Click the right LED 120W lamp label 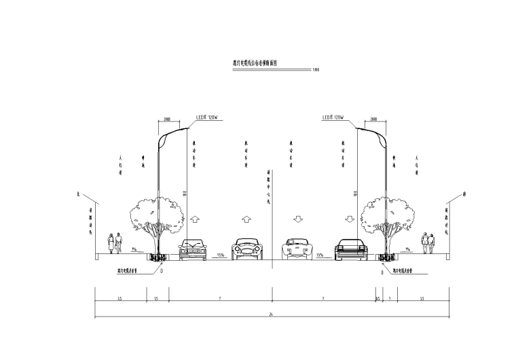tap(333, 117)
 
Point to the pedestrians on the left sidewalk tap(115, 243)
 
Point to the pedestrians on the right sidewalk tap(429, 243)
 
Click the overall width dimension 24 tap(272, 314)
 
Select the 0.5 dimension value tap(379, 298)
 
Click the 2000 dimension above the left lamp tap(167, 118)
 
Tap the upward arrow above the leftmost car tap(195, 220)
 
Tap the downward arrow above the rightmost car tap(349, 220)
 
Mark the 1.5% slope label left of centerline tap(221, 255)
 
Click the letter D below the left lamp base tap(162, 270)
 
